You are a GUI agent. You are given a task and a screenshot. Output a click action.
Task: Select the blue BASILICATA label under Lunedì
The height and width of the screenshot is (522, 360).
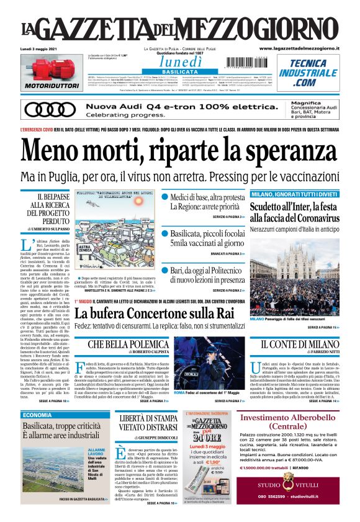179,72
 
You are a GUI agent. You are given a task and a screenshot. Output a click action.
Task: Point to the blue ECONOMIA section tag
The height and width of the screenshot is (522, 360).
38,415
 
